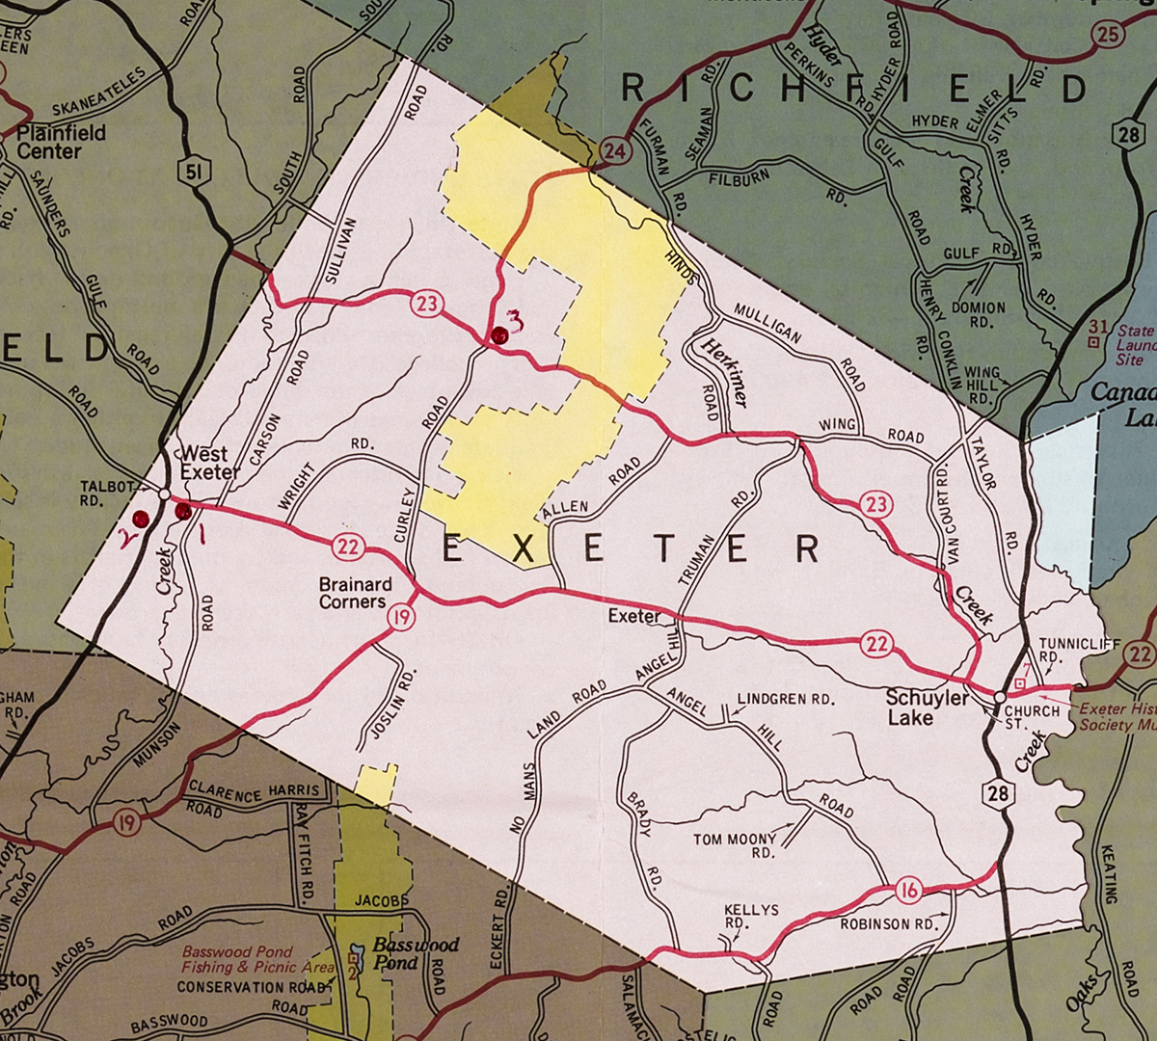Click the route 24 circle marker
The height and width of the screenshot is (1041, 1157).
(613, 151)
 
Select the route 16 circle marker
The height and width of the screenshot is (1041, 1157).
(908, 890)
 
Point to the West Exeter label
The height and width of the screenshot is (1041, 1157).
(210, 463)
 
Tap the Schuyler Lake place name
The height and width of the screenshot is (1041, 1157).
(927, 707)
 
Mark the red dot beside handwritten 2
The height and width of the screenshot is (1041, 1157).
(141, 519)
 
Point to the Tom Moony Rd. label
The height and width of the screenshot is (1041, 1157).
(735, 845)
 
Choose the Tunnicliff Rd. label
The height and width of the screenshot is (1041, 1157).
(1063, 651)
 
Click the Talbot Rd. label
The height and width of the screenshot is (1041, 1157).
(107, 494)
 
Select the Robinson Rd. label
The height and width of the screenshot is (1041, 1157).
(888, 923)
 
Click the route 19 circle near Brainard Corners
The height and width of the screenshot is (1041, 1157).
(401, 617)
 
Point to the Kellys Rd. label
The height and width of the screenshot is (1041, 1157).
(751, 917)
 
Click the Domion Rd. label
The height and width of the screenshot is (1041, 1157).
(980, 315)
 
